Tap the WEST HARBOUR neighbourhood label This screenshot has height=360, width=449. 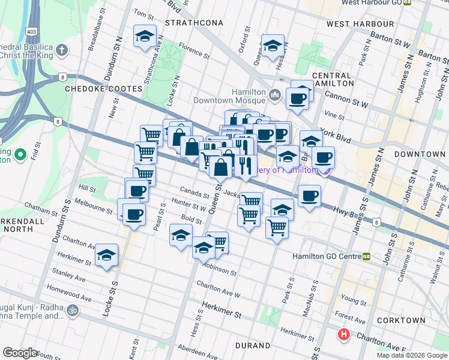click(x=360, y=24)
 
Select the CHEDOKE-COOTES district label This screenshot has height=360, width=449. click(x=104, y=89)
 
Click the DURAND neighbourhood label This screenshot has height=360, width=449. click(x=253, y=346)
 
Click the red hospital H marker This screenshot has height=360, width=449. click(x=343, y=334)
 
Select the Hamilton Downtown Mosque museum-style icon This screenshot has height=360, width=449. click(x=275, y=95)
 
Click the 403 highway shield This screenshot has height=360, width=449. click(x=29, y=30)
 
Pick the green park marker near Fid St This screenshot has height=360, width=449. click(x=20, y=155)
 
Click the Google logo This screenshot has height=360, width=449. click(x=20, y=353)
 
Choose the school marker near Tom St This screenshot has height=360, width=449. click(x=145, y=37)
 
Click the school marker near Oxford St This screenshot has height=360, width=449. click(x=273, y=46)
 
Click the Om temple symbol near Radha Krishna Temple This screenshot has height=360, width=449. click(x=72, y=310)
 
